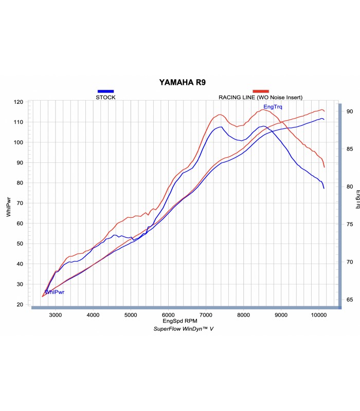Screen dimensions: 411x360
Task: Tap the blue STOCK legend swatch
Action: (x=105, y=91)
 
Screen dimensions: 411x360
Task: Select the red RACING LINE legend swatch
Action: (x=260, y=91)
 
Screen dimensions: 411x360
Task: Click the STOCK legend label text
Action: (x=105, y=97)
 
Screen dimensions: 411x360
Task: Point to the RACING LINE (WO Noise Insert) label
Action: (x=260, y=97)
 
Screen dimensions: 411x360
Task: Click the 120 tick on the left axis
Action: (x=18, y=102)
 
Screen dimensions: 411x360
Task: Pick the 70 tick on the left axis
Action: (x=20, y=203)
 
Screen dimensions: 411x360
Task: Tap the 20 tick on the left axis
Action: (x=20, y=305)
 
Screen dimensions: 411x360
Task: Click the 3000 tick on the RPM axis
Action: (x=56, y=315)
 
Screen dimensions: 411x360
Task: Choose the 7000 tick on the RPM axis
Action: (x=206, y=315)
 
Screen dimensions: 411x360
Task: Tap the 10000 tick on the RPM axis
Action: (x=318, y=315)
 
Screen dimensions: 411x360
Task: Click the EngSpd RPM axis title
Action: (x=184, y=321)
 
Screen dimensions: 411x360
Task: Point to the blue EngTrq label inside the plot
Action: (x=273, y=107)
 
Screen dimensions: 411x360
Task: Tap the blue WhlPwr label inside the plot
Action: (x=54, y=292)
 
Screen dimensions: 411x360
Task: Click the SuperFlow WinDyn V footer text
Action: (x=184, y=328)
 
